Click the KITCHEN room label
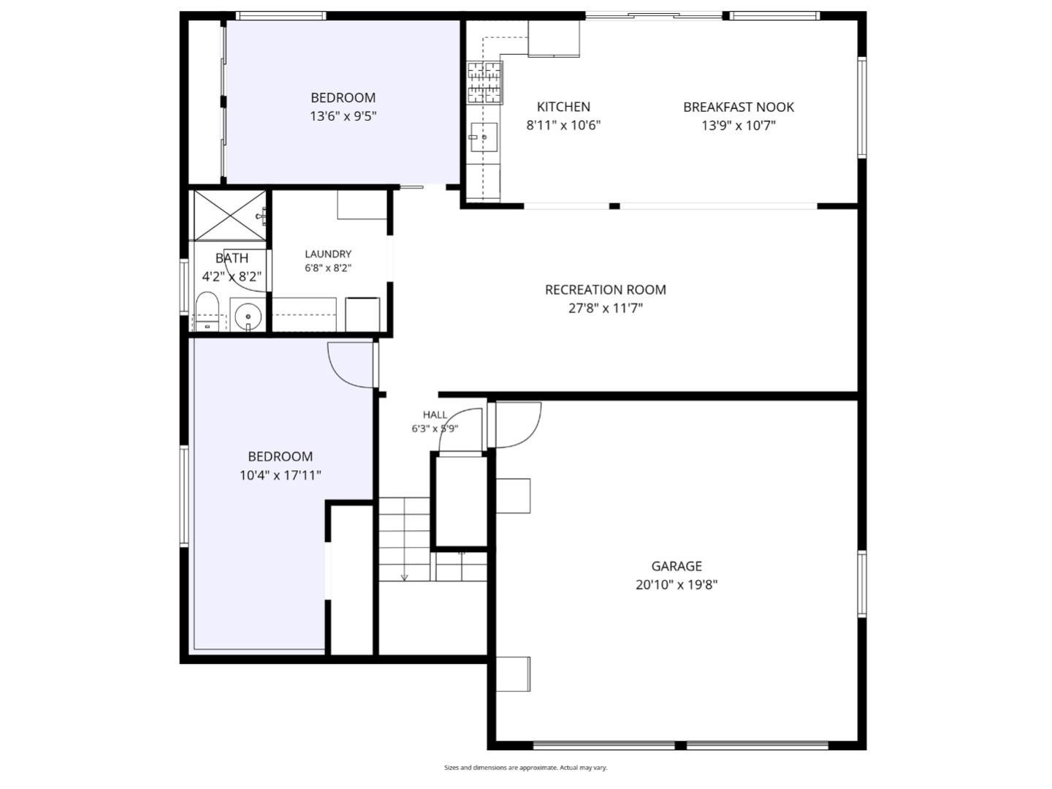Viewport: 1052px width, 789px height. pyautogui.click(x=563, y=107)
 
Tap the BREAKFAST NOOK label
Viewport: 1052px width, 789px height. pyautogui.click(x=738, y=107)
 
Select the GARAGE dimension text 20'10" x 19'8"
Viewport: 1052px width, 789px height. pyautogui.click(x=676, y=585)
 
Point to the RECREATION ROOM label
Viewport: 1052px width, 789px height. pyautogui.click(x=606, y=290)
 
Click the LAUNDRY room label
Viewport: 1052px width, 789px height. pyautogui.click(x=328, y=254)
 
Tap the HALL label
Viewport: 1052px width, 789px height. pyautogui.click(x=435, y=415)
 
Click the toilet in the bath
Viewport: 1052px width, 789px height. pyautogui.click(x=207, y=311)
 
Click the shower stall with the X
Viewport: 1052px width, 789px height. pyautogui.click(x=230, y=216)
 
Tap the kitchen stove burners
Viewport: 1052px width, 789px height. pyautogui.click(x=485, y=83)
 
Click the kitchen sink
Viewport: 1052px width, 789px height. pyautogui.click(x=484, y=137)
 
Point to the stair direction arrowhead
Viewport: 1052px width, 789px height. pyautogui.click(x=404, y=578)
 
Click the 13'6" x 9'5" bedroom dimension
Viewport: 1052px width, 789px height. pyautogui.click(x=343, y=116)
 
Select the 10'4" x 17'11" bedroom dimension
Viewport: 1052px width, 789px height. pyautogui.click(x=281, y=475)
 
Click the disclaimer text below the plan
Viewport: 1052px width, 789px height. pyautogui.click(x=526, y=767)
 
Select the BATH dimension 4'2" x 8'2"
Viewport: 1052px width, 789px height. pyautogui.click(x=232, y=276)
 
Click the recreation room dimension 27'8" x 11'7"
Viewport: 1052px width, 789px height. pyautogui.click(x=606, y=308)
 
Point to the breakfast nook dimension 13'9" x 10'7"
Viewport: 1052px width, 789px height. pyautogui.click(x=739, y=126)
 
